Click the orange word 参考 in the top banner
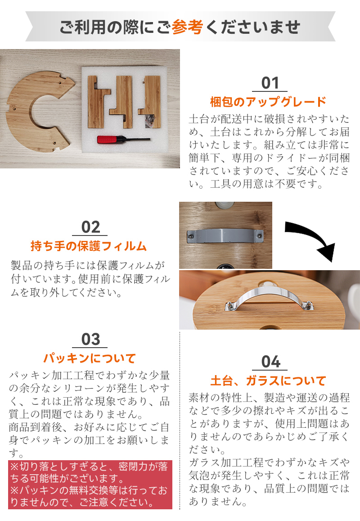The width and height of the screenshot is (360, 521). coord(187,27)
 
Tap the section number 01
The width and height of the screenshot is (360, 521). coord(270,83)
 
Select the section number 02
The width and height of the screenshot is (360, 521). coord(90,227)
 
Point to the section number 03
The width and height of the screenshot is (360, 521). coord(90,339)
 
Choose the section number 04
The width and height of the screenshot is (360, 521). coord(270,362)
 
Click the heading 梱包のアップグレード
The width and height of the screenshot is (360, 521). coord(268,102)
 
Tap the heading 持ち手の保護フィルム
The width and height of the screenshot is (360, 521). coord(89,246)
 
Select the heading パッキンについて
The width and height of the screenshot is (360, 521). coord(90,358)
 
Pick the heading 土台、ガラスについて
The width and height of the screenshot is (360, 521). coord(268,381)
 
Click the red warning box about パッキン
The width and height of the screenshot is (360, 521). coord(90,485)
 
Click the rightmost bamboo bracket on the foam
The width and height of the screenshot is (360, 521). coord(151,102)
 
